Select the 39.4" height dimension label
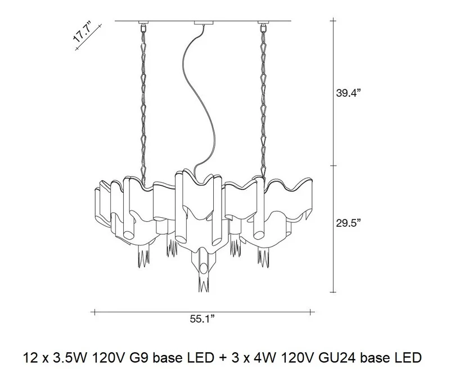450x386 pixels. click(x=348, y=93)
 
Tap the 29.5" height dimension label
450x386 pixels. click(x=348, y=223)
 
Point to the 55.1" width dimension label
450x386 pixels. click(x=202, y=319)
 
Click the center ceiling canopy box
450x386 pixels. click(x=204, y=23)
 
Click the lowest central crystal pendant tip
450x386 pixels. click(x=203, y=292)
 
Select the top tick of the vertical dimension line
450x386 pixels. click(x=333, y=21)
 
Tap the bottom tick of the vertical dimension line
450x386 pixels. click(x=333, y=292)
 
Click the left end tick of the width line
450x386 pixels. click(x=94, y=312)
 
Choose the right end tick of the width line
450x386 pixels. click(x=310, y=312)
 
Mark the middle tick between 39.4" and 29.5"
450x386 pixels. click(x=333, y=165)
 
